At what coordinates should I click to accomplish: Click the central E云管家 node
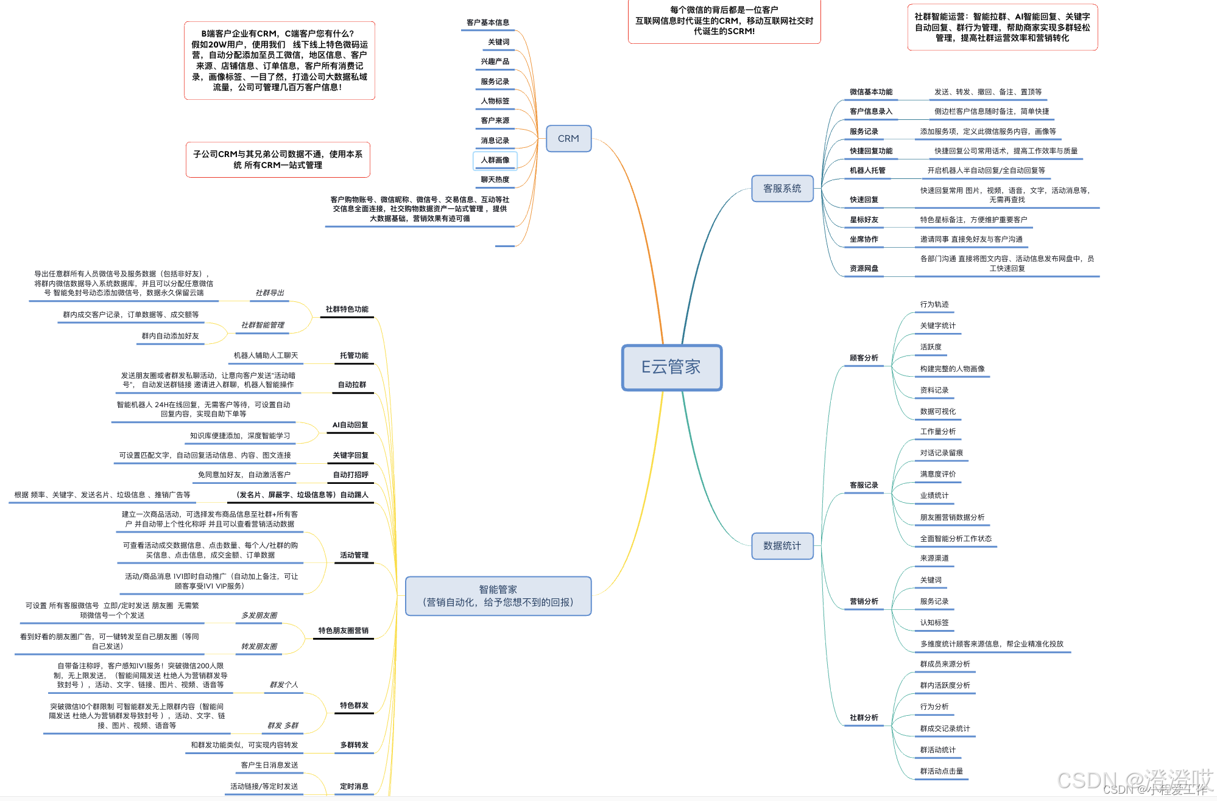click(671, 368)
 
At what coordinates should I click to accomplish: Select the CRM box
click(568, 139)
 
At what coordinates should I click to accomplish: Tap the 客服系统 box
click(782, 189)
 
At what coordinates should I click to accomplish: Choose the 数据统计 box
click(782, 546)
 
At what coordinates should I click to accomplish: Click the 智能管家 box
click(498, 596)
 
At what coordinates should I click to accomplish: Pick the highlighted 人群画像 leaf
click(495, 160)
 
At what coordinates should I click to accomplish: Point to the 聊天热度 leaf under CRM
click(495, 180)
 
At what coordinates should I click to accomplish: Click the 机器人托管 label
click(867, 170)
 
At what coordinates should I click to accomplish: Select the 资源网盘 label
click(864, 268)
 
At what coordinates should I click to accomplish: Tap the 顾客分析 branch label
click(864, 358)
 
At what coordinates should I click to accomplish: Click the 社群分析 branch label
click(864, 718)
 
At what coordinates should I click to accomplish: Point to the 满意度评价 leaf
click(937, 474)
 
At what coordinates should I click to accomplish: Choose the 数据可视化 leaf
click(937, 411)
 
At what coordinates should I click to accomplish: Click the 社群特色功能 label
click(347, 309)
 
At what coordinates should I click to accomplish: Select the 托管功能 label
click(354, 355)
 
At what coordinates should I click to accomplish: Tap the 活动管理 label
click(354, 555)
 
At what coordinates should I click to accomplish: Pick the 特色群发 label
click(354, 705)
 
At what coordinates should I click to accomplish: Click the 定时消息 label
click(354, 786)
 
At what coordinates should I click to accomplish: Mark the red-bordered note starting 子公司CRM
click(278, 159)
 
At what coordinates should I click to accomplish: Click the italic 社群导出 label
click(270, 293)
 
